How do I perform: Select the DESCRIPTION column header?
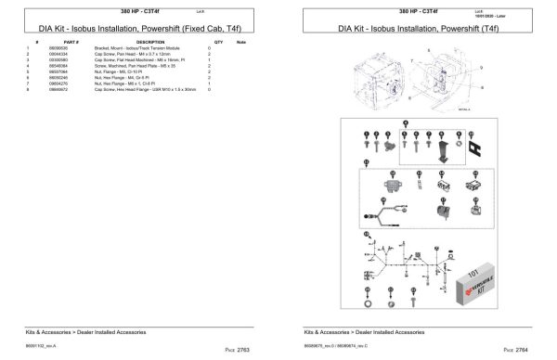click(150, 43)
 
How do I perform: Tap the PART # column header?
click(71, 43)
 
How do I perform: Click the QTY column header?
click(218, 43)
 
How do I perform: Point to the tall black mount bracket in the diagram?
click(445, 149)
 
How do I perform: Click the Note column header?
click(241, 43)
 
